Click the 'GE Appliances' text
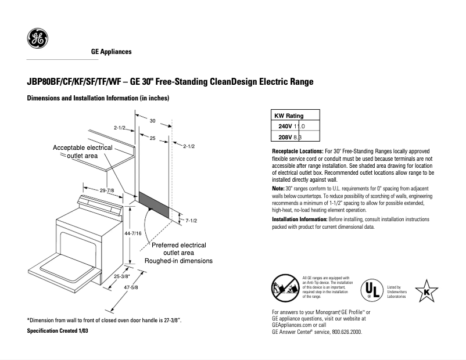tap(112, 52)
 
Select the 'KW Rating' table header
tap(289, 116)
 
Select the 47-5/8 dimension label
tap(130, 289)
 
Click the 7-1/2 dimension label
tap(192, 221)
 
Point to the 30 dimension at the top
tap(152, 121)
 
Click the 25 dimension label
tap(152, 138)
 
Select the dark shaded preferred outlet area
tap(155, 205)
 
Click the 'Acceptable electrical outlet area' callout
tap(83, 152)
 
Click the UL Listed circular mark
tap(372, 289)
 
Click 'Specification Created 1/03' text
tap(59, 330)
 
